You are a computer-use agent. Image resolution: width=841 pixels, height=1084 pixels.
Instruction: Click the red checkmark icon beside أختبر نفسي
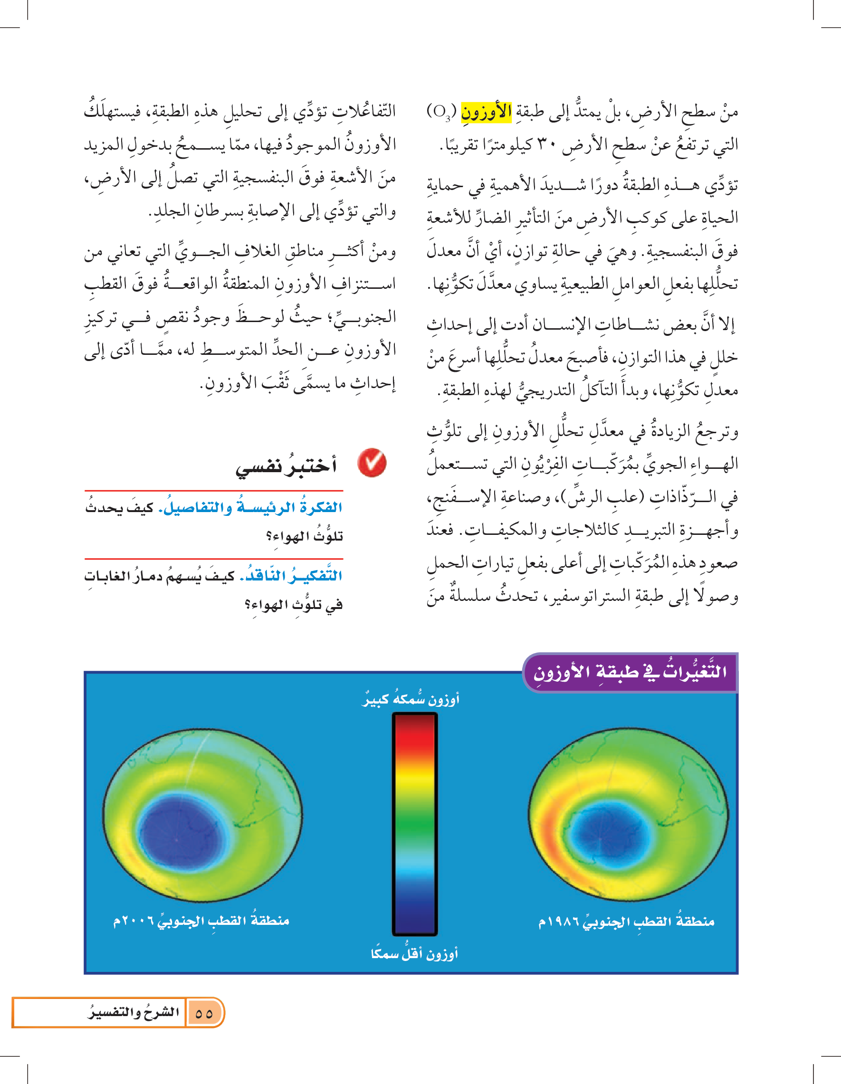pos(372,463)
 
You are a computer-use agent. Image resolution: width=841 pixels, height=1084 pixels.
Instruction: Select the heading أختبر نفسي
pos(286,465)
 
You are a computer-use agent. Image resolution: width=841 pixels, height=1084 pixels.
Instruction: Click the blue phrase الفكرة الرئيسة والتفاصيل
pos(250,508)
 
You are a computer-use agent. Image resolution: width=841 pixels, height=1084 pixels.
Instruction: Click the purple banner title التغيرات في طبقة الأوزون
pos(630,672)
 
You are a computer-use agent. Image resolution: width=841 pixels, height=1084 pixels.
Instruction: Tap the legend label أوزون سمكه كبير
pos(410,699)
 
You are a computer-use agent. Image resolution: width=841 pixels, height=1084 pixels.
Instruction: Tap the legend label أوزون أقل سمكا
pos(414,953)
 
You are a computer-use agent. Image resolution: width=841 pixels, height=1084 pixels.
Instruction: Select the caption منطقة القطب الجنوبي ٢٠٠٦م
pos(201,921)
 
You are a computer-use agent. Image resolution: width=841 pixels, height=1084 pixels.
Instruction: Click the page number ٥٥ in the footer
pos(203,1013)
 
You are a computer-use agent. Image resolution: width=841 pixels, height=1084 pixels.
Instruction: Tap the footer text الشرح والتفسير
pos(134,1012)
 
